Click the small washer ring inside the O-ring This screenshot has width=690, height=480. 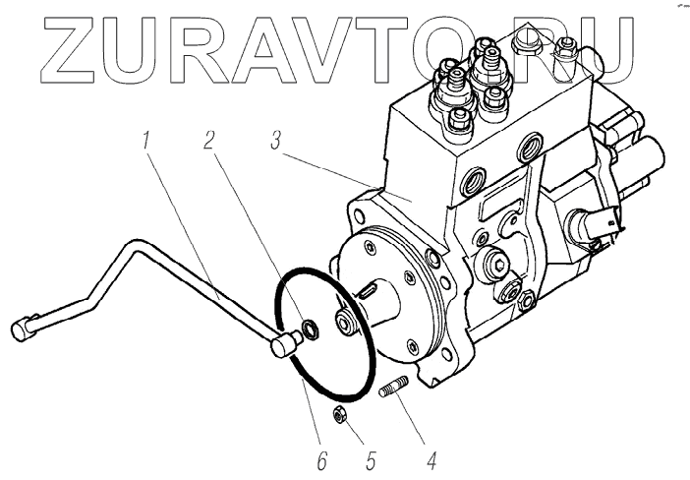coord(310,328)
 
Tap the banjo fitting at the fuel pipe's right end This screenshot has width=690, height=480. coord(284,343)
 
